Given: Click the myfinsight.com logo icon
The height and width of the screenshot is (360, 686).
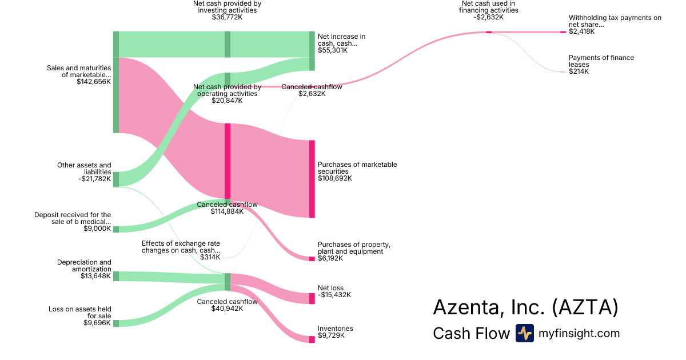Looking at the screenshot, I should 524,333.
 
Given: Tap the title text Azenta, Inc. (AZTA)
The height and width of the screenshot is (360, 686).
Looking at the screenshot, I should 525,307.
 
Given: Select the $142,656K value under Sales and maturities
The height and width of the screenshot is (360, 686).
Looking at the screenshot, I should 94,82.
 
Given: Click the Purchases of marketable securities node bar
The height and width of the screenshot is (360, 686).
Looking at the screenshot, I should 312,179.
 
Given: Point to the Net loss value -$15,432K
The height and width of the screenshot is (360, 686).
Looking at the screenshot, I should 334,295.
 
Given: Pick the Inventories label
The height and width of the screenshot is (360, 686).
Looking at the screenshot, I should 336,329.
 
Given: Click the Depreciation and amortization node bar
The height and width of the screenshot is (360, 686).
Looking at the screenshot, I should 116,277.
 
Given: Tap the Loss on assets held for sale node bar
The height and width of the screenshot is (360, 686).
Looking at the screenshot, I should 116,323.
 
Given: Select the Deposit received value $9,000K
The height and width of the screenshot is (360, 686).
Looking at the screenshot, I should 97,229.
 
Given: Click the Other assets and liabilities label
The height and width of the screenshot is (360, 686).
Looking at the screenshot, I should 84,169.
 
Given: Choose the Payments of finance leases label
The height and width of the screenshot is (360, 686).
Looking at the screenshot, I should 601,61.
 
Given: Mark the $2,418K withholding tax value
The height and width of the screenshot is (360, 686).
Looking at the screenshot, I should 581,31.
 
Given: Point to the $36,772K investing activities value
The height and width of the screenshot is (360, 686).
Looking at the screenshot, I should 227,17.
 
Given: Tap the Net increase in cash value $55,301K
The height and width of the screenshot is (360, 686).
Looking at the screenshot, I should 332,50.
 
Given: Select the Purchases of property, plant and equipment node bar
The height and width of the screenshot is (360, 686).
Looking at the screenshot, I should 312,259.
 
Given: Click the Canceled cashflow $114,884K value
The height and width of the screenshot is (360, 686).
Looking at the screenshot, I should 227,211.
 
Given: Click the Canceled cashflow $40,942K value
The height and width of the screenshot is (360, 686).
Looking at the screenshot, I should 227,309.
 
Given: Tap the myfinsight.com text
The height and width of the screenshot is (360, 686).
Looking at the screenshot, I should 579,333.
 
